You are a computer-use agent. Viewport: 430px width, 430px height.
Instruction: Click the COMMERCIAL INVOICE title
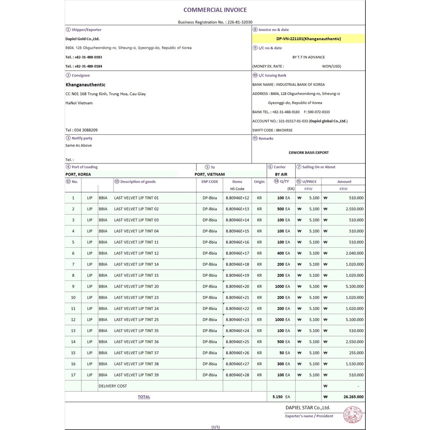click(x=215, y=10)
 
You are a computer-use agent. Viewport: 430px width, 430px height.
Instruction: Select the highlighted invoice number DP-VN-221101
click(x=309, y=39)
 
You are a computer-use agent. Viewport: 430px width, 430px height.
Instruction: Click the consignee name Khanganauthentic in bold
click(x=85, y=85)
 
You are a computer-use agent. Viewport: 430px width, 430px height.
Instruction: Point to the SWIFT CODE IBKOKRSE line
click(x=273, y=130)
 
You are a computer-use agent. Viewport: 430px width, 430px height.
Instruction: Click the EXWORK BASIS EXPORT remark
click(x=309, y=152)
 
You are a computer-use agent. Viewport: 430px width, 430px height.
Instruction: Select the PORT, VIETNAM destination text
click(x=210, y=174)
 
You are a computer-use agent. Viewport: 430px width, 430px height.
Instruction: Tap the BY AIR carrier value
click(x=281, y=174)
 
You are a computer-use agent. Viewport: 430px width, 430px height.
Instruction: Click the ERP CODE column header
click(x=210, y=182)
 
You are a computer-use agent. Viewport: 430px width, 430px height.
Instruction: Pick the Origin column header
click(x=259, y=182)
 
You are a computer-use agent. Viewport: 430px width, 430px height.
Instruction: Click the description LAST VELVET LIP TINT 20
click(x=136, y=286)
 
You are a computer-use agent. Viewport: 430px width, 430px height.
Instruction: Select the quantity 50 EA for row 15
click(x=284, y=353)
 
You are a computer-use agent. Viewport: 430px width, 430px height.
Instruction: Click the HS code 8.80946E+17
click(x=237, y=253)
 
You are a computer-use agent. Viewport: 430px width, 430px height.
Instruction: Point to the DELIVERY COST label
click(x=113, y=386)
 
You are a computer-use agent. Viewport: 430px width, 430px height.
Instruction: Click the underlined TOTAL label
click(x=144, y=397)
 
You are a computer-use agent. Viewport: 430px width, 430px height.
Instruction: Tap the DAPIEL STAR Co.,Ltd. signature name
click(x=308, y=407)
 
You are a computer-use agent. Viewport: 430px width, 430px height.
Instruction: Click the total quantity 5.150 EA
click(x=281, y=397)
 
